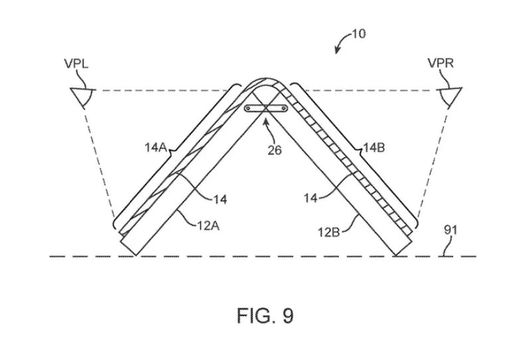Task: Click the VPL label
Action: pos(76,64)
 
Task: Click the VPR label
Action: pos(440,63)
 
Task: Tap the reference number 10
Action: pos(359,34)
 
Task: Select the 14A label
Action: pos(155,147)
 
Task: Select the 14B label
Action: pos(374,147)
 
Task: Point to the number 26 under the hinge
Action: pos(275,150)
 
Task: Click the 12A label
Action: pos(208,225)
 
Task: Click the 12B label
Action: pos(328,232)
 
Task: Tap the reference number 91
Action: pos(450,230)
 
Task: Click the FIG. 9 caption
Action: pos(265,315)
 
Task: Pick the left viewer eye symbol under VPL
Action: pos(82,97)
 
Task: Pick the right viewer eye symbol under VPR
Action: pos(450,97)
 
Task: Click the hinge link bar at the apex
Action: pos(266,108)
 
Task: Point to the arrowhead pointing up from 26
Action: pos(265,120)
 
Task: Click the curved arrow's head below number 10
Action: pos(337,50)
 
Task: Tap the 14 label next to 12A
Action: pos(220,199)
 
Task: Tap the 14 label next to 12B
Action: pos(310,198)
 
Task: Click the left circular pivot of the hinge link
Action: pos(248,108)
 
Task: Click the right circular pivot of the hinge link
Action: pos(284,108)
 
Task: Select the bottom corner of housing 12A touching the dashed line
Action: pos(135,256)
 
